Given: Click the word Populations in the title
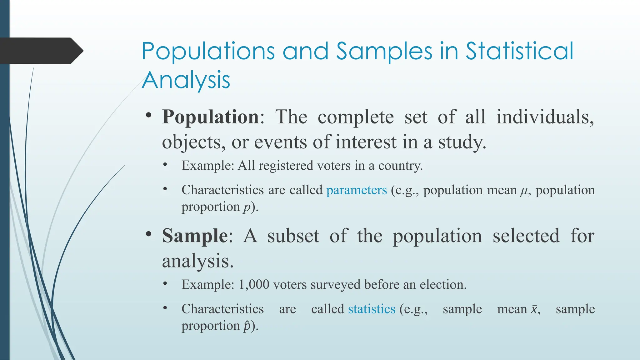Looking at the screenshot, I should (x=208, y=51).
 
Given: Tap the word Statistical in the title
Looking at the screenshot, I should (x=519, y=51).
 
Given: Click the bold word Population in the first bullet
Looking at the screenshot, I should (x=210, y=117).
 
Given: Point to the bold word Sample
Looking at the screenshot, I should (x=195, y=236).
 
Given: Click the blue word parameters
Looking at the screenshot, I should (x=357, y=190).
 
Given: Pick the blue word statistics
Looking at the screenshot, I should (x=372, y=309).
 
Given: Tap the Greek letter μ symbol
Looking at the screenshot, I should (x=524, y=191).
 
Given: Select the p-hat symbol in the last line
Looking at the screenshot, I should (x=247, y=326).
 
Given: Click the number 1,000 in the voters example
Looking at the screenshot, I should (x=254, y=285).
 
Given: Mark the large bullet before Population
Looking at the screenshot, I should (x=149, y=116).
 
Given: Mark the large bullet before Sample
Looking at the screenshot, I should (x=149, y=234).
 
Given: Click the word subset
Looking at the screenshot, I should (x=293, y=236).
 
